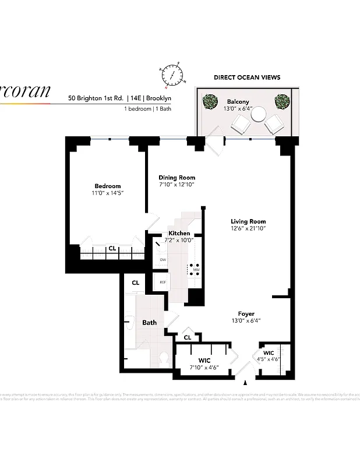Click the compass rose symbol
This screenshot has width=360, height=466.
coord(172,75)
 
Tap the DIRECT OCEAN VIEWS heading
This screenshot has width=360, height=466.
coord(246,77)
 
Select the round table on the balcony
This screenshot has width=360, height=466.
coord(258,115)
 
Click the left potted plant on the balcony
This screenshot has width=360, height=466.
coord(209,103)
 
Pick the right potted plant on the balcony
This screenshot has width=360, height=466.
coord(283,102)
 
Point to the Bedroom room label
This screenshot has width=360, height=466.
coord(108,186)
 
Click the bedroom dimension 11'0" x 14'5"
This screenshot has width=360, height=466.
coord(108,193)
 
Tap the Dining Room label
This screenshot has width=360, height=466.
coord(177,178)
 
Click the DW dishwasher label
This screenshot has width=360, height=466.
coord(163,260)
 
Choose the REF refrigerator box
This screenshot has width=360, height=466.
coord(163,283)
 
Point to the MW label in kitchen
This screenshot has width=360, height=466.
coord(197,270)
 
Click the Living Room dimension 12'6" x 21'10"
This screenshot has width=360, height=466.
coord(248,228)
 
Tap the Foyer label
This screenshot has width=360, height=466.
coord(246,314)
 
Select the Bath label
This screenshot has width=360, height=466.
coord(150,323)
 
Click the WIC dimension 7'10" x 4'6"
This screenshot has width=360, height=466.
coord(204,368)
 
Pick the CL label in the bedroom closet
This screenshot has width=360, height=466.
coord(112,249)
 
